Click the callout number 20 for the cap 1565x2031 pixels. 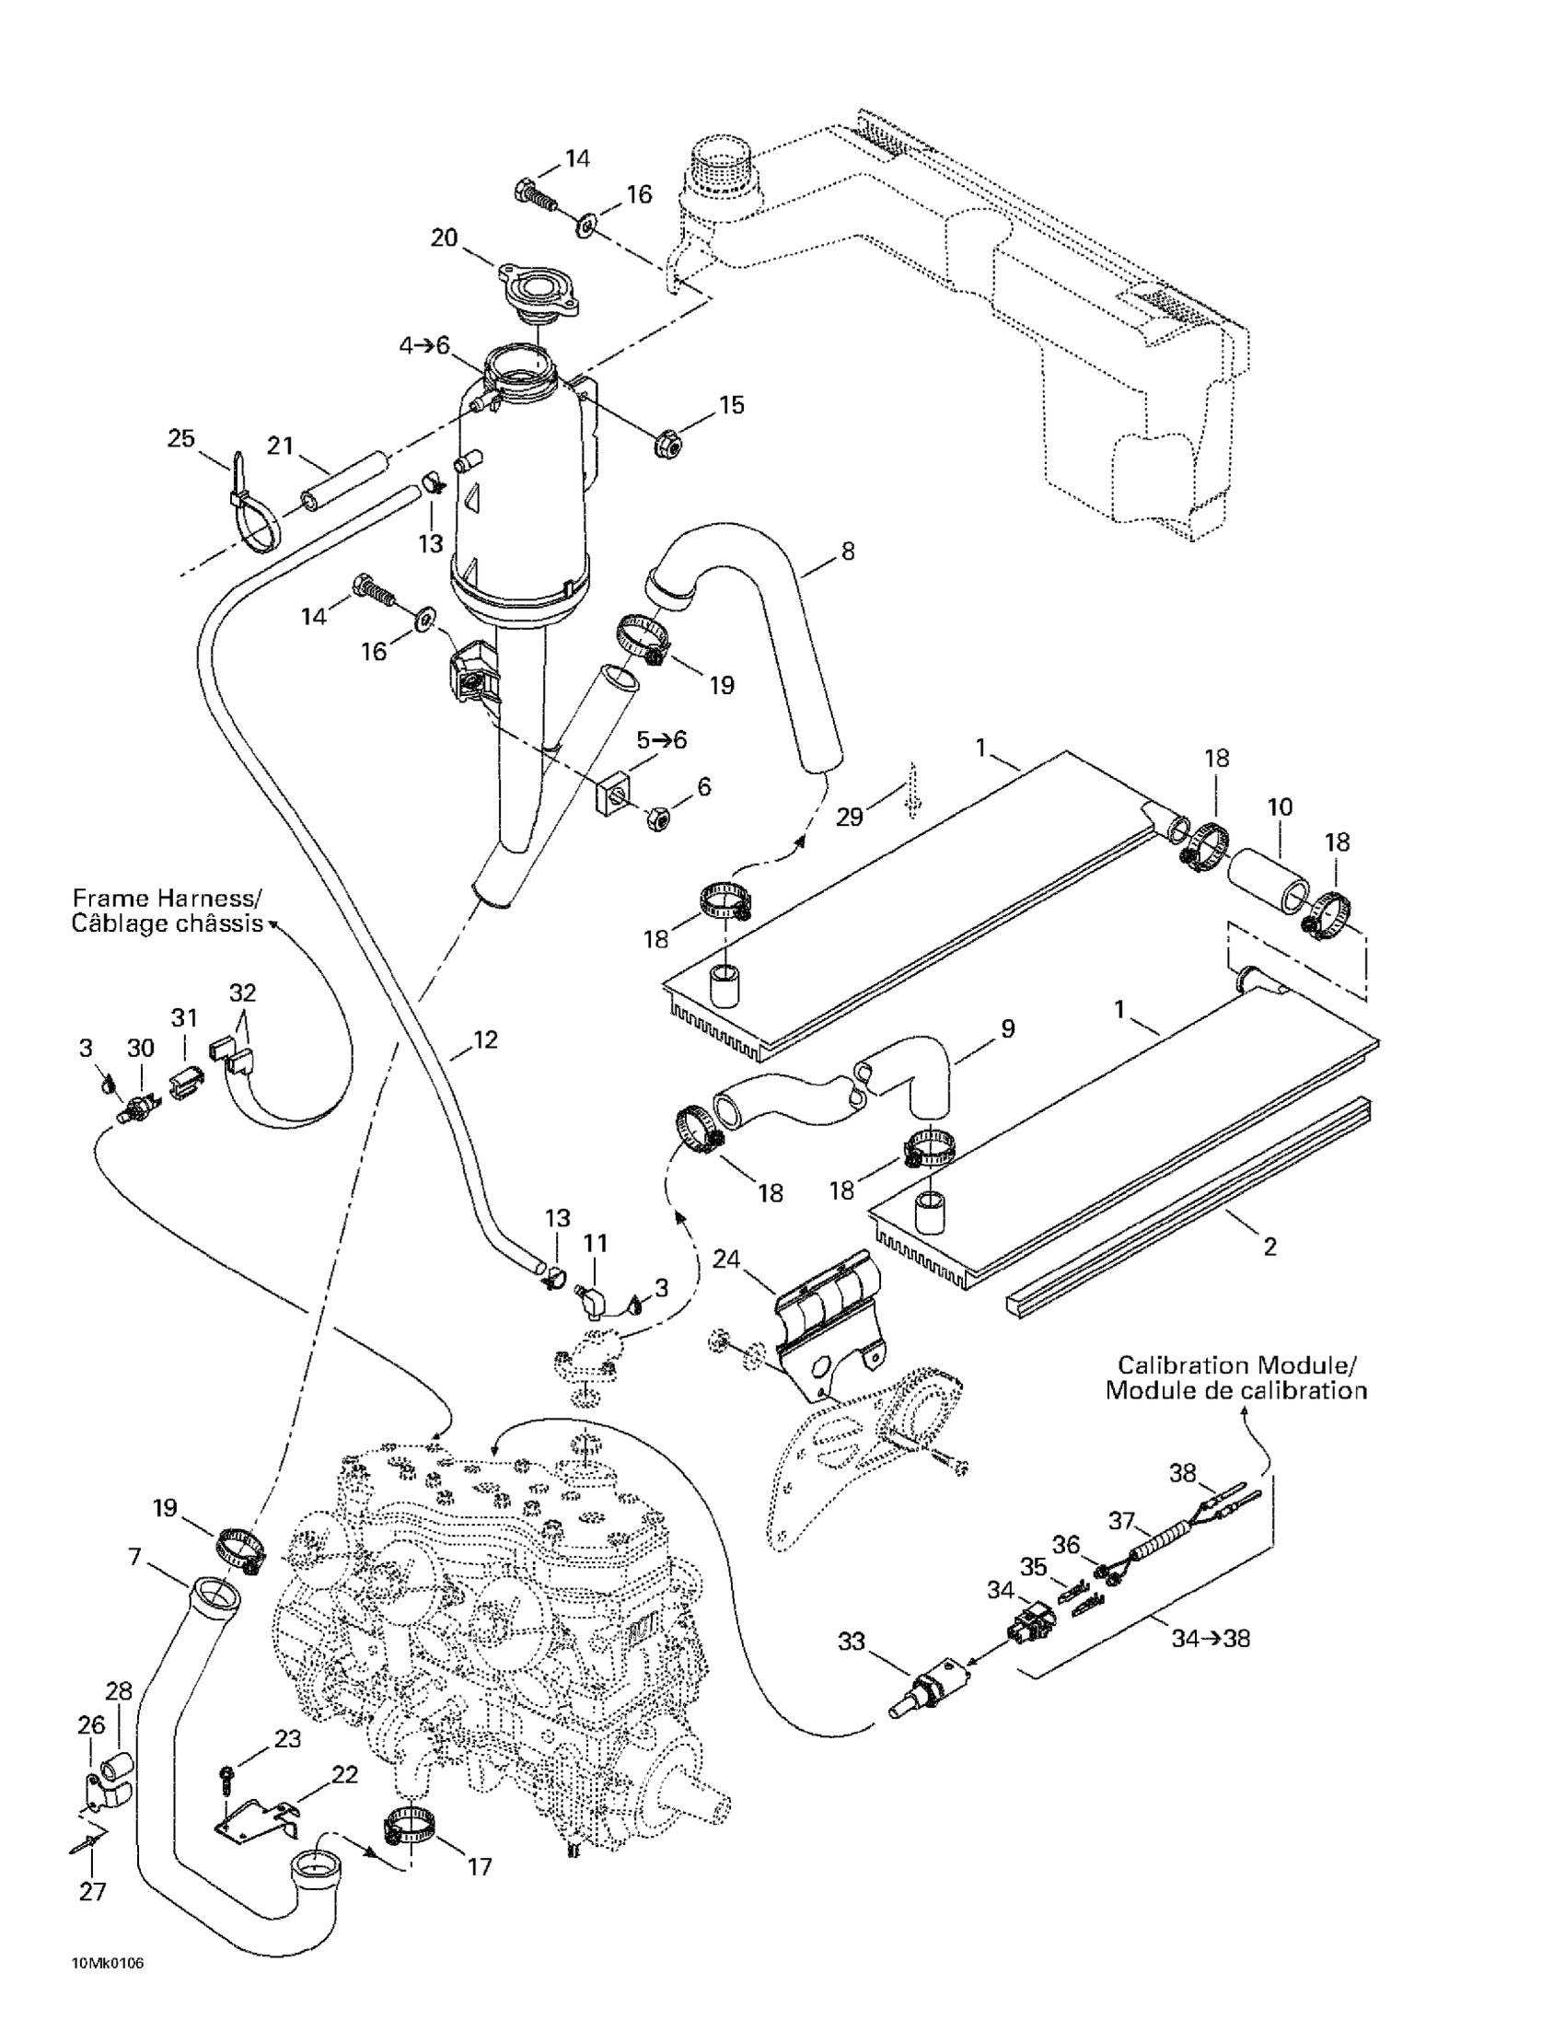(x=444, y=238)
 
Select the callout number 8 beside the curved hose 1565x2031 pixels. (x=847, y=551)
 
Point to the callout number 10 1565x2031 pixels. (x=1280, y=807)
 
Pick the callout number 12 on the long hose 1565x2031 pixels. (x=485, y=1039)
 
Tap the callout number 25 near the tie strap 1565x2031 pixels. (x=180, y=437)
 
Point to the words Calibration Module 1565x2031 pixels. (x=1236, y=1365)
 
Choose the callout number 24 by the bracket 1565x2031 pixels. (x=726, y=1260)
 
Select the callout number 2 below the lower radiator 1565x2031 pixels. (x=1269, y=1245)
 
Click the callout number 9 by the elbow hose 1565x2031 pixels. (x=1007, y=1028)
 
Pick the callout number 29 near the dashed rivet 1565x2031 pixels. (x=849, y=817)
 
